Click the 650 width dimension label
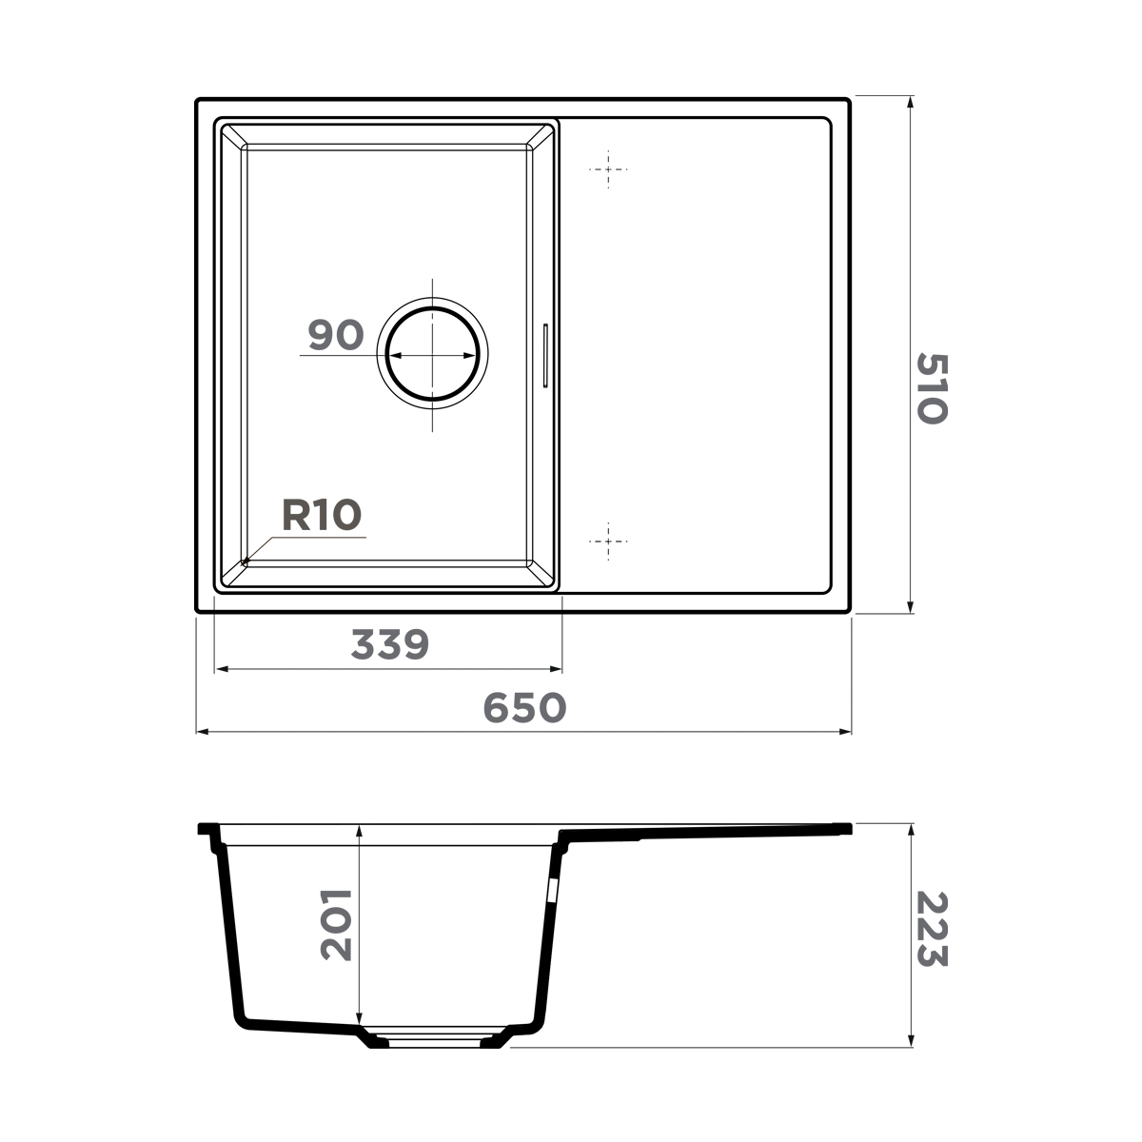[524, 707]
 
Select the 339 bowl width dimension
[390, 645]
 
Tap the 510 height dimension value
[932, 388]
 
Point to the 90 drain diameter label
[336, 335]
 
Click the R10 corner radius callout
[322, 515]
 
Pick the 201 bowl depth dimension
[336, 924]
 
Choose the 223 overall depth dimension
[932, 929]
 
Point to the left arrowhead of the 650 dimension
[201, 732]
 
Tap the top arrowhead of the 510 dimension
[911, 102]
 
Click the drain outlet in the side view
[433, 1038]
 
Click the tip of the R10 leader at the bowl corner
[244, 562]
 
